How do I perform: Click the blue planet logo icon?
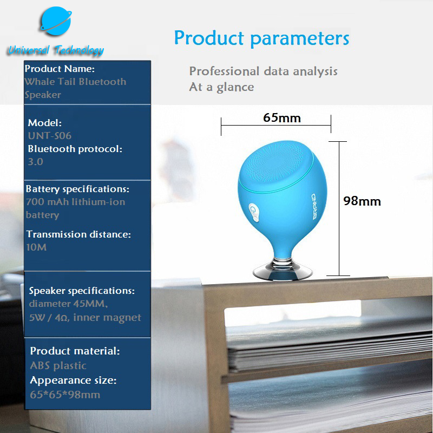click(56, 21)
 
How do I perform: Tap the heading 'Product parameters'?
click(261, 38)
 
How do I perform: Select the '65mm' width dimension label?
click(281, 118)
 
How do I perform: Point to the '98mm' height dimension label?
click(362, 201)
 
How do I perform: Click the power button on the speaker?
click(254, 212)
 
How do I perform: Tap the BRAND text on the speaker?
click(314, 207)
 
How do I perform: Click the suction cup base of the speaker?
click(282, 270)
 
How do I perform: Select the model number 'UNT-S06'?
click(50, 136)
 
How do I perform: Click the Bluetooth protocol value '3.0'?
click(35, 161)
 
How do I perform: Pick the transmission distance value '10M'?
click(36, 247)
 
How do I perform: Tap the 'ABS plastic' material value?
click(58, 366)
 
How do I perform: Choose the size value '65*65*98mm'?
click(65, 395)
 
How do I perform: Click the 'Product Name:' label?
click(60, 69)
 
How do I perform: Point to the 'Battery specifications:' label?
click(77, 189)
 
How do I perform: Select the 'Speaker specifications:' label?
click(82, 291)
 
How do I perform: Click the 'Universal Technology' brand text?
click(56, 50)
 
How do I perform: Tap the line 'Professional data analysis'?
click(264, 71)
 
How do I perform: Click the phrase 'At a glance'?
click(221, 87)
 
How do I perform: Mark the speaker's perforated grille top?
click(275, 165)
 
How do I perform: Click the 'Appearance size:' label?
click(73, 380)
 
